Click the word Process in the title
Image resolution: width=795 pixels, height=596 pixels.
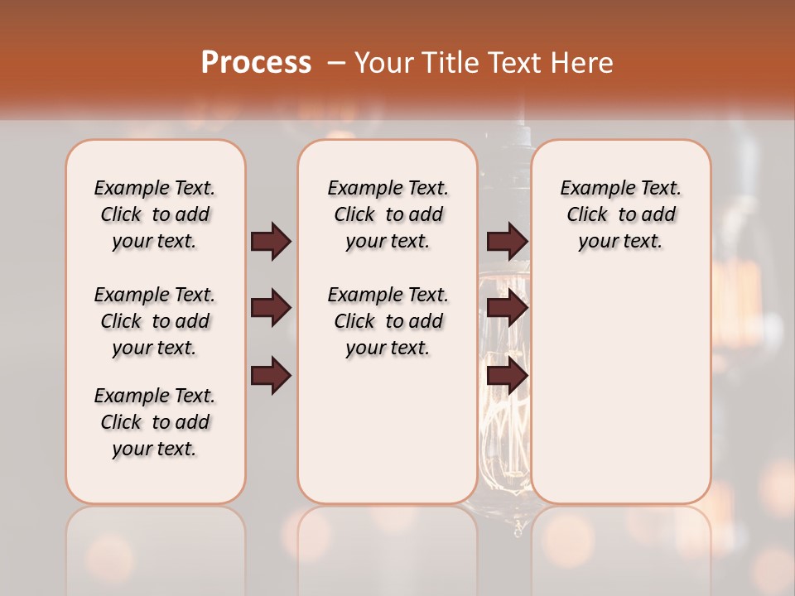[256, 63]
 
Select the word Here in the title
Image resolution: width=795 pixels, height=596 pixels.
[581, 63]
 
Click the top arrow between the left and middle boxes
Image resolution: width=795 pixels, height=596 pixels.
[271, 241]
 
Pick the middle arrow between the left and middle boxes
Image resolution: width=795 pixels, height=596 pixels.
[271, 309]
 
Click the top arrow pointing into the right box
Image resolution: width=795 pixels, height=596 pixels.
[507, 241]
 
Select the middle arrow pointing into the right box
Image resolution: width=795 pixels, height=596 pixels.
[507, 309]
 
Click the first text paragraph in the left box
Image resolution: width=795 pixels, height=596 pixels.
[155, 214]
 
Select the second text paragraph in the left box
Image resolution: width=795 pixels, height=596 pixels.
[155, 321]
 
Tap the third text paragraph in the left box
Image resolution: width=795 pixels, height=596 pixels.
[155, 422]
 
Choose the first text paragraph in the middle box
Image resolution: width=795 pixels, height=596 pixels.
[388, 214]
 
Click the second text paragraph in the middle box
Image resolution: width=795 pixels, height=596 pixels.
[388, 321]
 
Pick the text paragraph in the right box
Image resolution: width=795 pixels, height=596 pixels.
[620, 214]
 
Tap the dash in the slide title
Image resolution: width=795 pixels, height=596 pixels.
[336, 63]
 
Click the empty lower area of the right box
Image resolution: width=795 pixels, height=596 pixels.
[620, 389]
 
